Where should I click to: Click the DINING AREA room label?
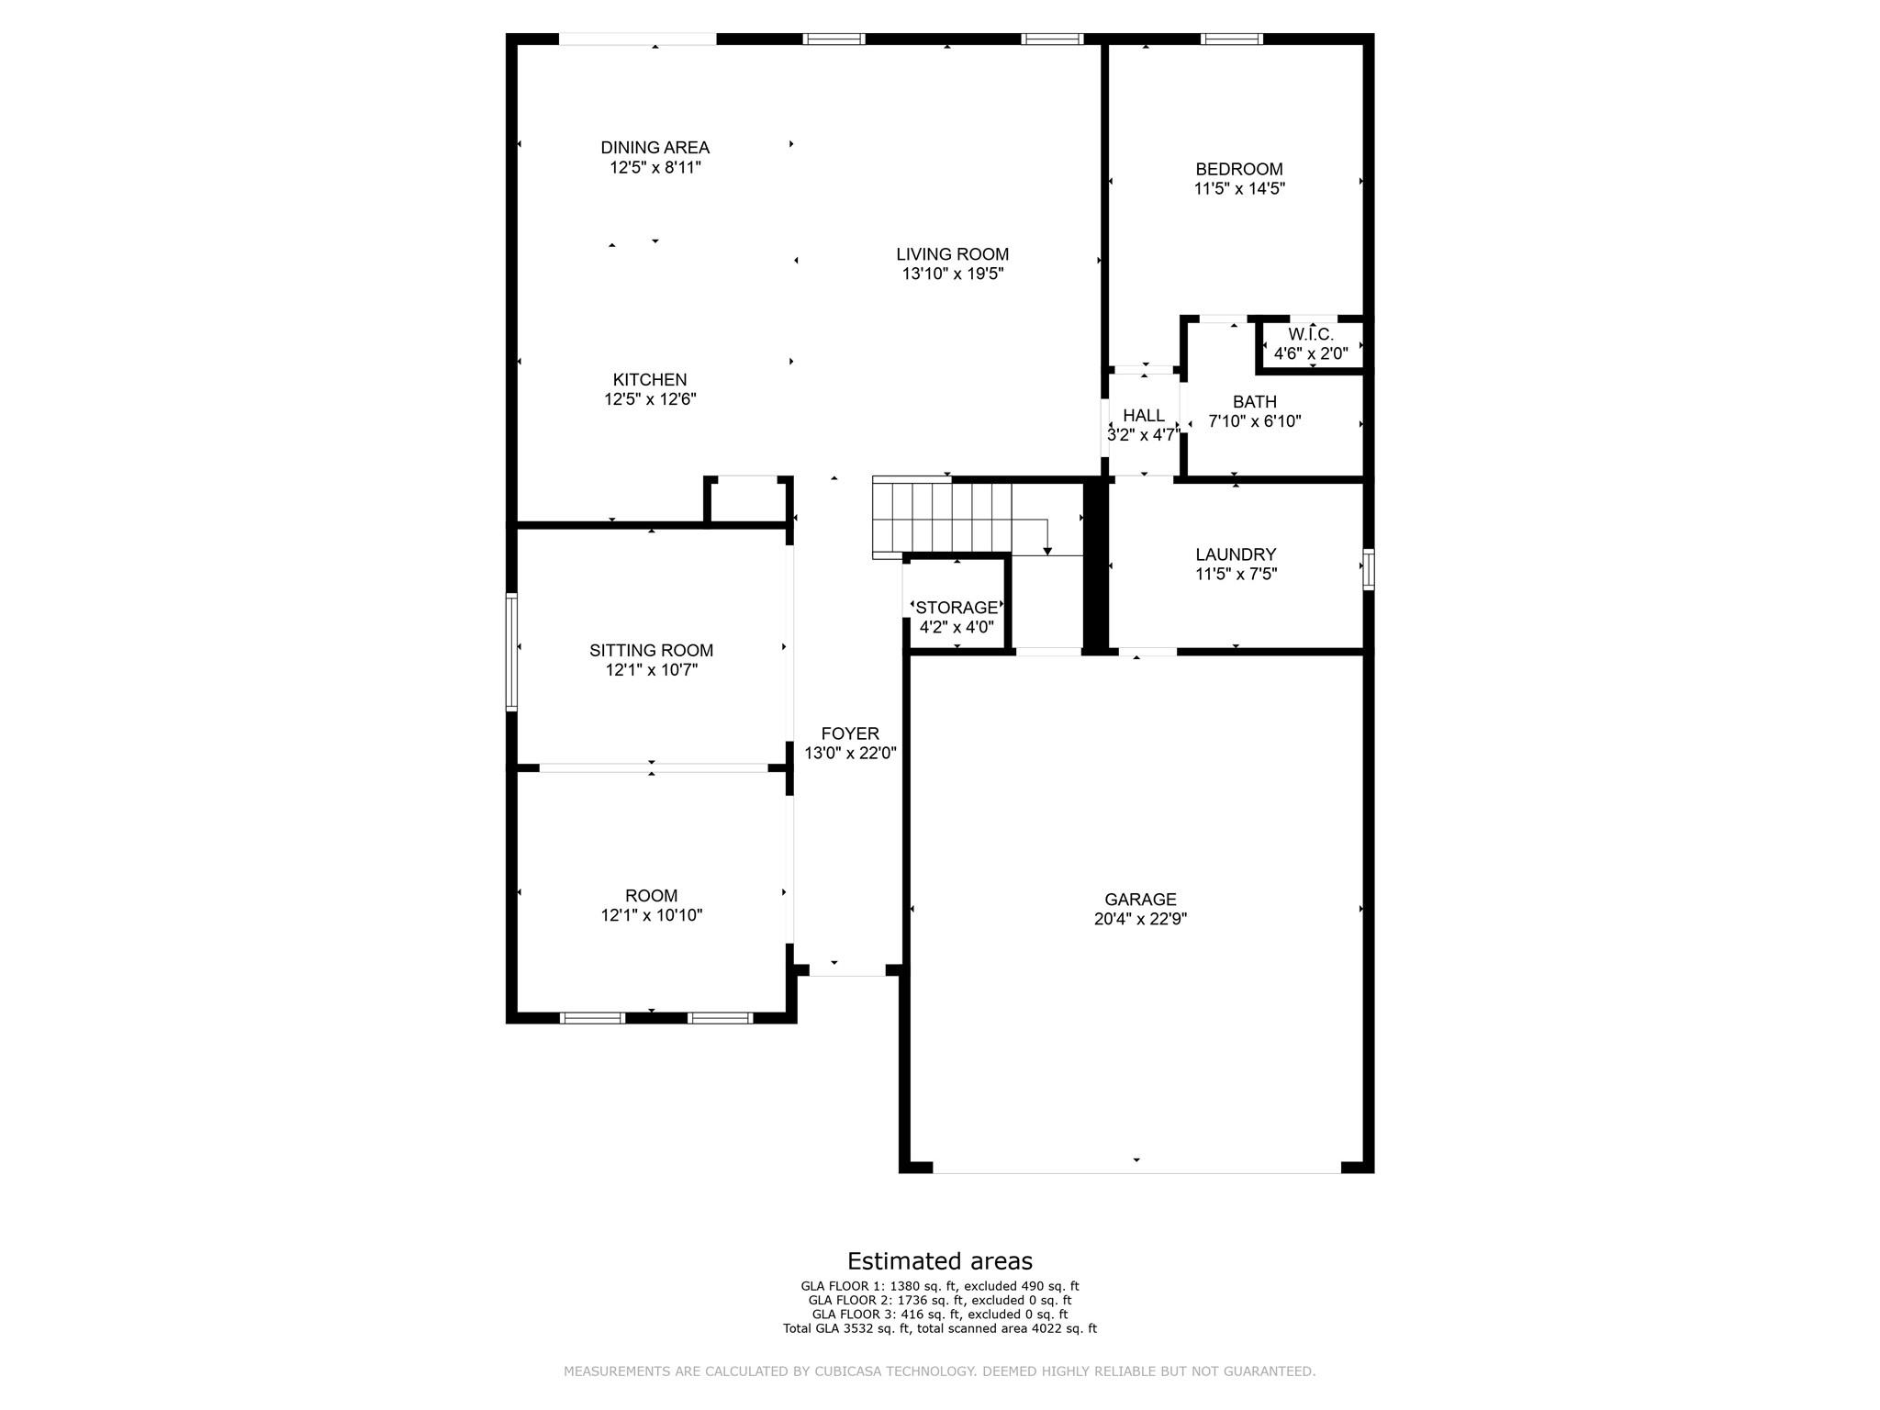click(655, 148)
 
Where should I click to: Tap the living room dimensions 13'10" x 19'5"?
click(952, 274)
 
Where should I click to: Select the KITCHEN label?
click(650, 380)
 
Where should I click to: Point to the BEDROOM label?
click(1239, 170)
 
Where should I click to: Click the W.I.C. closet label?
click(1311, 335)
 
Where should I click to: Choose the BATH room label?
click(1255, 402)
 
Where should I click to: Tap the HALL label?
click(1144, 416)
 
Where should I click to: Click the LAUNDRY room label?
click(1236, 554)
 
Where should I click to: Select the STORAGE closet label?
click(957, 608)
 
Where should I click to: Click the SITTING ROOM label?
click(651, 651)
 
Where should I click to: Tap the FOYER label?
click(850, 733)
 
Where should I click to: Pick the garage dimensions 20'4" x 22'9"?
click(1140, 920)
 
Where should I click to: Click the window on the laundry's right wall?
click(1368, 569)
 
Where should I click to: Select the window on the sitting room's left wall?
click(512, 652)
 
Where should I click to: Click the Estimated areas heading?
click(939, 1260)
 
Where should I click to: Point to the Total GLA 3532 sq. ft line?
click(939, 1328)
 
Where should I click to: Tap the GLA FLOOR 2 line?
click(939, 1301)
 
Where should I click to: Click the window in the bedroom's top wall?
click(1232, 39)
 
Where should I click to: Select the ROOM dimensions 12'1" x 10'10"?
click(651, 915)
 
